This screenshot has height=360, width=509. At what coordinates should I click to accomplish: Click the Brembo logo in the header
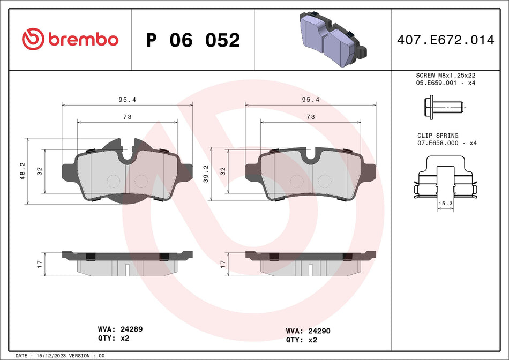(70, 39)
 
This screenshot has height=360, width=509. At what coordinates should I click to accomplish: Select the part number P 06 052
(193, 40)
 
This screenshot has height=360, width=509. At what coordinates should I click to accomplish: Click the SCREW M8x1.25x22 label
(446, 76)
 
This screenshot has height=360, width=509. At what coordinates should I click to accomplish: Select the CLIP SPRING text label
(438, 136)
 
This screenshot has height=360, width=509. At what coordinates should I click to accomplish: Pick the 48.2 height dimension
(23, 171)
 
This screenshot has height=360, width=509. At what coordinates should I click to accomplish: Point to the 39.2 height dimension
(206, 171)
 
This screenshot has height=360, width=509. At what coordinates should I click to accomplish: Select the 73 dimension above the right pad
(310, 116)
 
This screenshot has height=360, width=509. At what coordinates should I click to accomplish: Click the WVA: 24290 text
(308, 331)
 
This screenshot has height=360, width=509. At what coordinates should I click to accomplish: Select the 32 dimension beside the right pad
(223, 171)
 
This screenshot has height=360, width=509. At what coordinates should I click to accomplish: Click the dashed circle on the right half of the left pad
(140, 181)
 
